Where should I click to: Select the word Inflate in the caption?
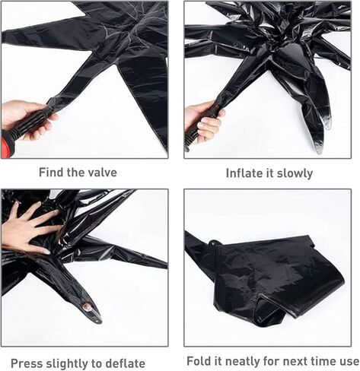(x=246, y=173)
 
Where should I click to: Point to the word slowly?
(x=295, y=173)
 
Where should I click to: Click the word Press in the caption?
(x=27, y=363)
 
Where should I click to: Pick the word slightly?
(x=71, y=363)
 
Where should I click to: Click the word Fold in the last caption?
(x=199, y=360)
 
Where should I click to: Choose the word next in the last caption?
(x=292, y=360)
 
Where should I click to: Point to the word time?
(x=323, y=360)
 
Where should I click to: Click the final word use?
(x=349, y=360)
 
